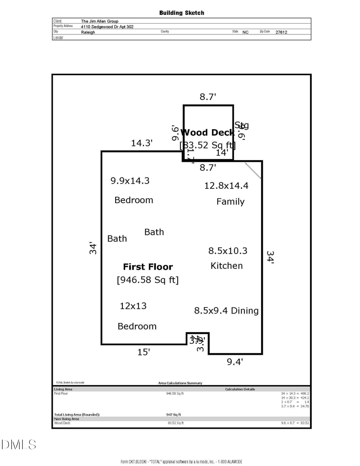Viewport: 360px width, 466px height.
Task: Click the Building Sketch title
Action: pos(182,13)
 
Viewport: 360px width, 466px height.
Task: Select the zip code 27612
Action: pos(281,32)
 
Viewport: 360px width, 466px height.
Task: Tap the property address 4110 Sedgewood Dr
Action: pos(107,26)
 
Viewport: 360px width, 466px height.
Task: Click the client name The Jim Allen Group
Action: pos(100,21)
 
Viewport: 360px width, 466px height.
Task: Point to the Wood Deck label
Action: pos(207,132)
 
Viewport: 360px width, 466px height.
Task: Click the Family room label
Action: pos(230,202)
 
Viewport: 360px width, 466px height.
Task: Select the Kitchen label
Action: pos(227,266)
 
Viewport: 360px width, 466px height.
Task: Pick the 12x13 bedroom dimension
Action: pos(133,306)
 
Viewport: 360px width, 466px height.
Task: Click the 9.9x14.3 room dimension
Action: pos(130,180)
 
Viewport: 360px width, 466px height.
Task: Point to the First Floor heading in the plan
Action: pos(148,267)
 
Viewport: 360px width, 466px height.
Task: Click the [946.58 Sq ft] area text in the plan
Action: pos(148,280)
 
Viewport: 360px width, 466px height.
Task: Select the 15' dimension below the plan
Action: pos(144,352)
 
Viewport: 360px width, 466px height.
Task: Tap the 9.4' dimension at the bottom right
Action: pos(235,362)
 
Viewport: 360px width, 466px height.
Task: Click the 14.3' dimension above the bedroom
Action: pos(142,143)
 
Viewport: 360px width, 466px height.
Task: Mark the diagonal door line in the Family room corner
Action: pos(253,170)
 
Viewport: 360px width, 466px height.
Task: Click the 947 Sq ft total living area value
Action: pos(174,414)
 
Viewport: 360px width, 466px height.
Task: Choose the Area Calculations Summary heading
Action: pos(180,383)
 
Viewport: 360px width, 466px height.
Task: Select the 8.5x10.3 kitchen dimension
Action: pos(228,251)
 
